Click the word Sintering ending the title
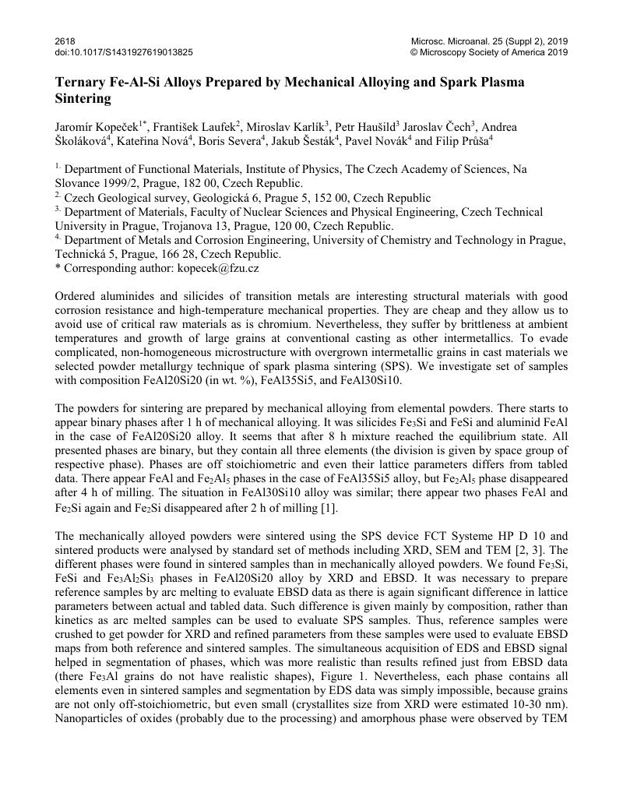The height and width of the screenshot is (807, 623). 83,99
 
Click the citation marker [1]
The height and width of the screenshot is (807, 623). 331,508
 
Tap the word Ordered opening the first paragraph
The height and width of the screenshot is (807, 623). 77,297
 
